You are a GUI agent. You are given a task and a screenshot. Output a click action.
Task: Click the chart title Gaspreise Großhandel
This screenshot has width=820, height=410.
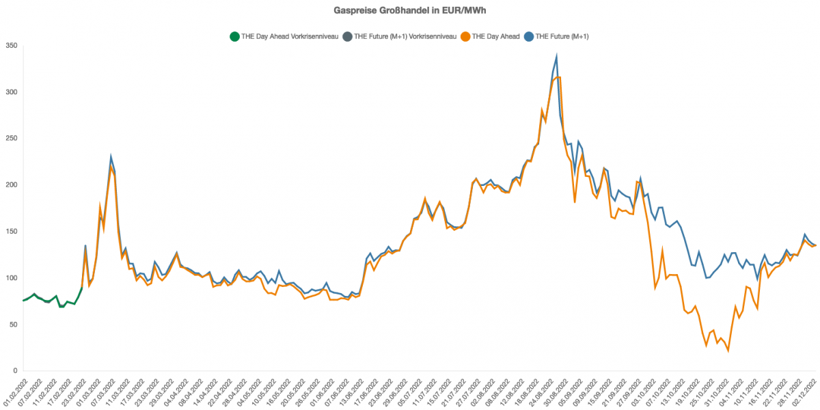coord(409,11)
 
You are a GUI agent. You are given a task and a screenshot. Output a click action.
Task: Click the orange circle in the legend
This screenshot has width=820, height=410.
coord(465,36)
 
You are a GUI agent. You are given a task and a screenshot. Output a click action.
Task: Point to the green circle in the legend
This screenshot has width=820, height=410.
coord(234,36)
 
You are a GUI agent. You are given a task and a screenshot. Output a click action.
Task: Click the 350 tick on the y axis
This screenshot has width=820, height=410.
coord(12,46)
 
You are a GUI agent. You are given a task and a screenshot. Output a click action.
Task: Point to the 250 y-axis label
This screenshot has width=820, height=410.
coord(12,139)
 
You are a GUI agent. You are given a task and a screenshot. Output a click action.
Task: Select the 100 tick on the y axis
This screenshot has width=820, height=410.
coord(12,278)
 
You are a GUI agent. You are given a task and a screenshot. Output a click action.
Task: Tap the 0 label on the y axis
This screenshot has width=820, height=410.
coord(16,371)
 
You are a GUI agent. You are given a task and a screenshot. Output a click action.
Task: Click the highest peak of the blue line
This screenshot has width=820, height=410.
coord(556,57)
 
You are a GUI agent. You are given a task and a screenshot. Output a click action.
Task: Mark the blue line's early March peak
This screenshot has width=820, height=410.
coord(111,157)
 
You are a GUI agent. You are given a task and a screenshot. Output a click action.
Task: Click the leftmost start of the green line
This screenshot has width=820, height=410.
coord(23,301)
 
